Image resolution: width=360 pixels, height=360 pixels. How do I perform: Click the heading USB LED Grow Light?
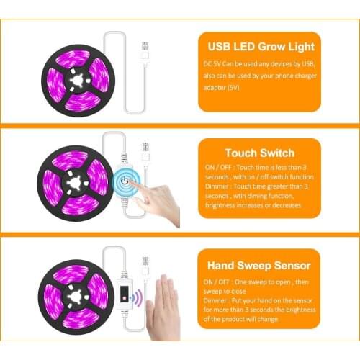tap(260, 48)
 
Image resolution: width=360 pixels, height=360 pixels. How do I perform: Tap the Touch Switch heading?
tap(260, 153)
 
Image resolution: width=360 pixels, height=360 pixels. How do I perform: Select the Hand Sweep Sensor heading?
tap(259, 264)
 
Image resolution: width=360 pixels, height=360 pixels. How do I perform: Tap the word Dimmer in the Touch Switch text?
tap(217, 184)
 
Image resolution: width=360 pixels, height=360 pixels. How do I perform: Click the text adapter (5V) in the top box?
tap(224, 88)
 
